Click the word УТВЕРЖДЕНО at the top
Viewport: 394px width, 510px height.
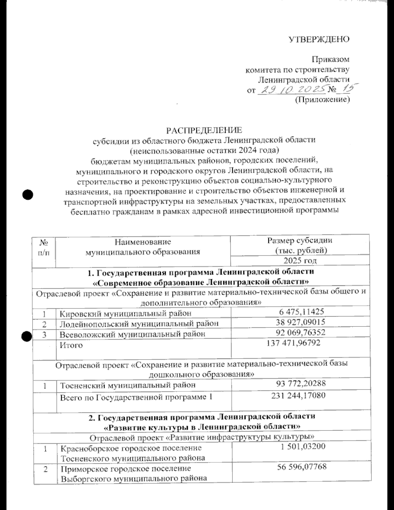coord(319,39)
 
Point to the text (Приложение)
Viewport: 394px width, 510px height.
coord(322,99)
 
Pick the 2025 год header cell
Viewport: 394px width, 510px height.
coord(300,261)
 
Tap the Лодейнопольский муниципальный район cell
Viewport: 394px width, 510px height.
coord(139,323)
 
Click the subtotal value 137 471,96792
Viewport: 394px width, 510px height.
coord(294,343)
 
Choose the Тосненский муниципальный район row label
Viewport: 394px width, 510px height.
coord(127,385)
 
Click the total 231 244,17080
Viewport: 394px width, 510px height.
coord(298,395)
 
